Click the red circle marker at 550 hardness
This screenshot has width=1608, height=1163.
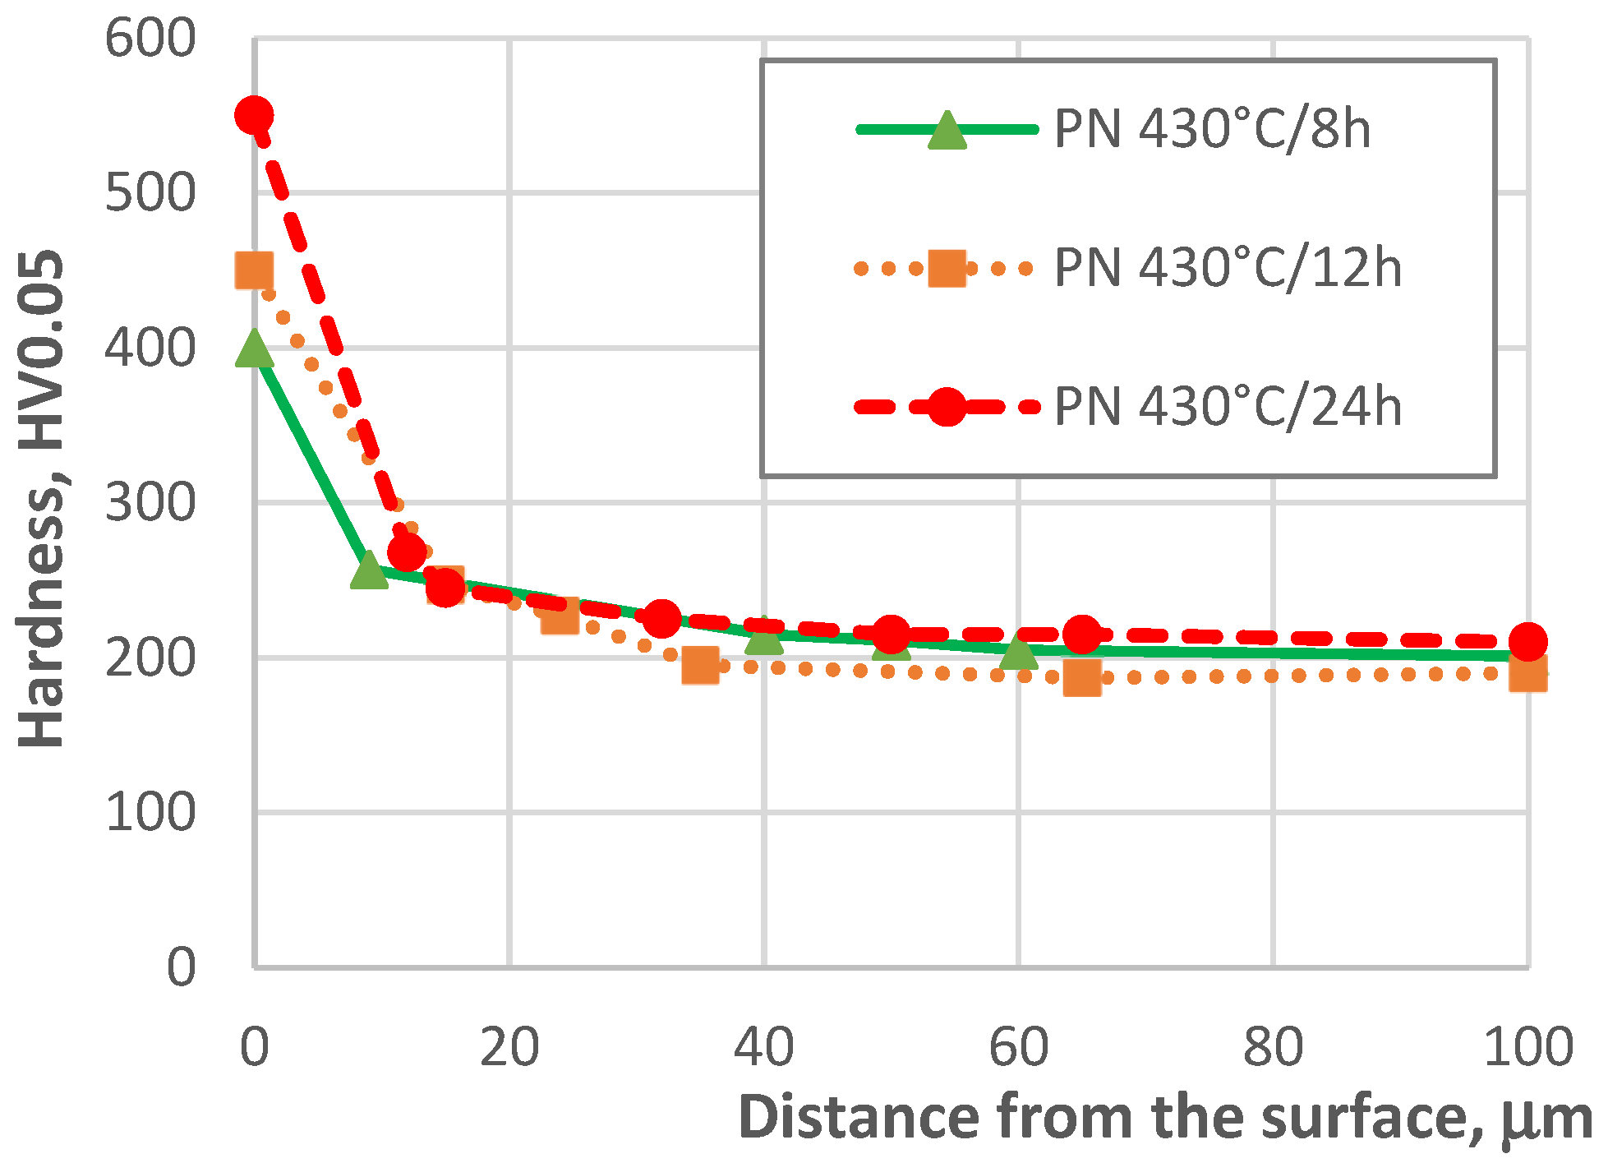(254, 115)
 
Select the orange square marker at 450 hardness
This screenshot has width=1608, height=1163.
(254, 270)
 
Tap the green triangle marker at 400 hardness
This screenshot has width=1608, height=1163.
(254, 349)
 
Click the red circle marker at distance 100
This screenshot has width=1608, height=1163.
(1528, 641)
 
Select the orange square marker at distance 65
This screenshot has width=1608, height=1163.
(1082, 678)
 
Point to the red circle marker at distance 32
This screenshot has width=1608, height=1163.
(661, 618)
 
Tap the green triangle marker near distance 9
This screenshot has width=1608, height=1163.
(369, 570)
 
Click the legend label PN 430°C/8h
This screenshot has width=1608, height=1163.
(1212, 130)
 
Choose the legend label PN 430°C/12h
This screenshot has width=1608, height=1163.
(1228, 269)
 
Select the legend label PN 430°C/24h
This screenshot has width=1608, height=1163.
(1228, 407)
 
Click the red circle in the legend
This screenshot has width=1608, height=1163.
(947, 407)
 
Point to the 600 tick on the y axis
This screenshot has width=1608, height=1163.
(150, 39)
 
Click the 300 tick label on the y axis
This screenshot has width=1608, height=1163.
(150, 503)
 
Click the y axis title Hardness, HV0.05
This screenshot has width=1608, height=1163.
(41, 499)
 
